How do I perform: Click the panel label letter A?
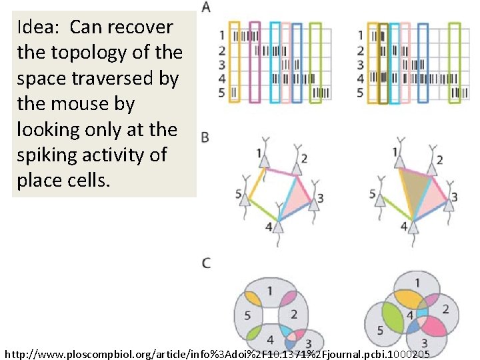(206, 7)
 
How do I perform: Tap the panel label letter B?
(205, 137)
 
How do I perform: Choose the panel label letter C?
(206, 262)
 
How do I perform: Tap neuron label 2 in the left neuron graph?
(304, 158)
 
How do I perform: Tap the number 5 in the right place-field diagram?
(380, 330)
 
